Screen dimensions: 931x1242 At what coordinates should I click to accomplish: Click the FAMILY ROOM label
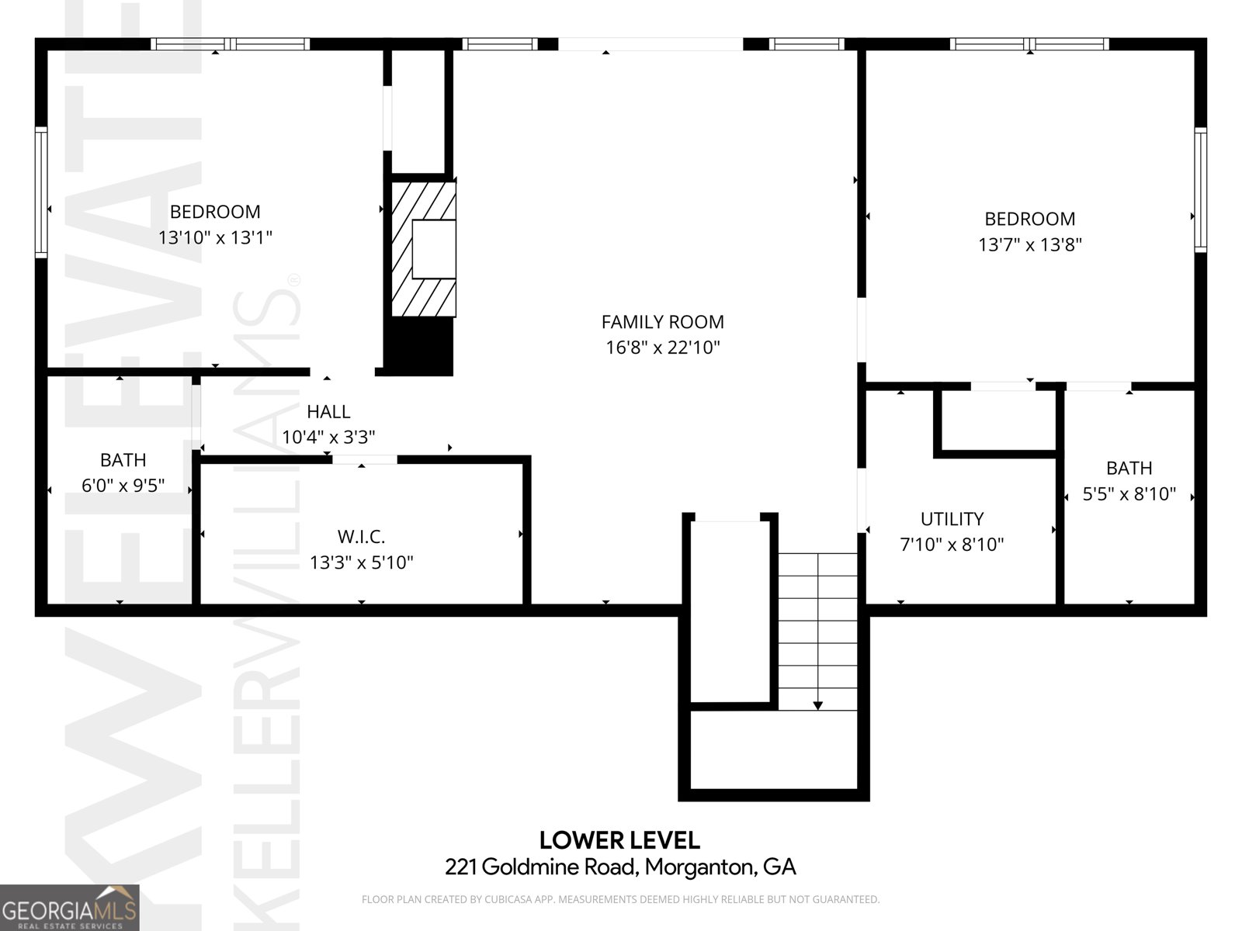[x=662, y=322]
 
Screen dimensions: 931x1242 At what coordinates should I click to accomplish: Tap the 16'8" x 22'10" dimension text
[x=662, y=348]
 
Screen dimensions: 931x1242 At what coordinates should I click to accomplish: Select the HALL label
[x=328, y=412]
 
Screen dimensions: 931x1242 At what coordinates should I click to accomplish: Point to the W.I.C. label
[x=361, y=537]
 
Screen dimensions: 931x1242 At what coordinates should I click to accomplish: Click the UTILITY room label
[x=952, y=519]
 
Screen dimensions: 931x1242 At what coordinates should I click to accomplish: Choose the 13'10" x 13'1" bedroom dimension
[x=215, y=237]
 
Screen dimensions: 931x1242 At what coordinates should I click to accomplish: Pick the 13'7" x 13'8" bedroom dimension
[x=1029, y=245]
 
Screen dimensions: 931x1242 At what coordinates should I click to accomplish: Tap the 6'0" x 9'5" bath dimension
[x=123, y=486]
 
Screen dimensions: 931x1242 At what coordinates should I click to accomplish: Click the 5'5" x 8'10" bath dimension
[x=1129, y=494]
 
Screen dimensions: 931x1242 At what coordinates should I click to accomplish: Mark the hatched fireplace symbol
[x=423, y=249]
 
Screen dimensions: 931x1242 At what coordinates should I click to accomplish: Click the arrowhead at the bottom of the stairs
[x=818, y=704]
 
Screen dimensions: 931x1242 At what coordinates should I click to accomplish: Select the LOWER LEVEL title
[x=619, y=840]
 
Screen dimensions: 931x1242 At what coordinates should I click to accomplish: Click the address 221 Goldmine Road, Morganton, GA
[x=620, y=867]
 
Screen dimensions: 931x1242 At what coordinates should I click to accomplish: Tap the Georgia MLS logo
[x=69, y=908]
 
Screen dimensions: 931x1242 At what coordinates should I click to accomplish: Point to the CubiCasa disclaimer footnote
[x=620, y=900]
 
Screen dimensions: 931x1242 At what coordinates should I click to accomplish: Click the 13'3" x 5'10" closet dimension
[x=361, y=562]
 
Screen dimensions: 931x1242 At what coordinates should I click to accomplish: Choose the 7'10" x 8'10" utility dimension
[x=952, y=545]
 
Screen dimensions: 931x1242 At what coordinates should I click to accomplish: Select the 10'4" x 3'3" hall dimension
[x=328, y=438]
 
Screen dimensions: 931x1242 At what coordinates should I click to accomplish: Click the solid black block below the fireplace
[x=419, y=346]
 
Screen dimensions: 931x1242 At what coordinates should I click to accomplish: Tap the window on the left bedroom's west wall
[x=41, y=192]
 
